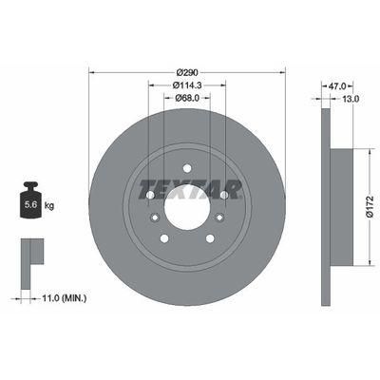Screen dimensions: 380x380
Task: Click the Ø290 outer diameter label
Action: (186, 72)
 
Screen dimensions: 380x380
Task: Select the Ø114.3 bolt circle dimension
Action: (186, 87)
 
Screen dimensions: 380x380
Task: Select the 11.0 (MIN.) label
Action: (64, 297)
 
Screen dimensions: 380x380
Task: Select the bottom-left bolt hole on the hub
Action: (163, 238)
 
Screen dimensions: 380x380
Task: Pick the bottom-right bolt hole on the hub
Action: (210, 238)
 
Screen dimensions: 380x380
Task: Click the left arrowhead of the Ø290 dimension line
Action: (91, 72)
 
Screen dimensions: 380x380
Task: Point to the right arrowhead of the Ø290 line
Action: (283, 72)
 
